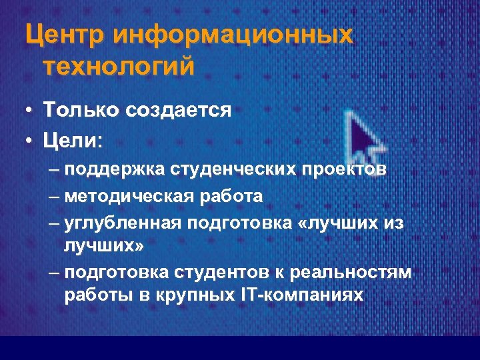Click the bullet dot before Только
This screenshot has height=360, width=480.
(29, 110)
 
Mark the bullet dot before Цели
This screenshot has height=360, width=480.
(29, 141)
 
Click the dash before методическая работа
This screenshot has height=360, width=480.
(54, 197)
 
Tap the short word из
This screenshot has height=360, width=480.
(393, 223)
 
